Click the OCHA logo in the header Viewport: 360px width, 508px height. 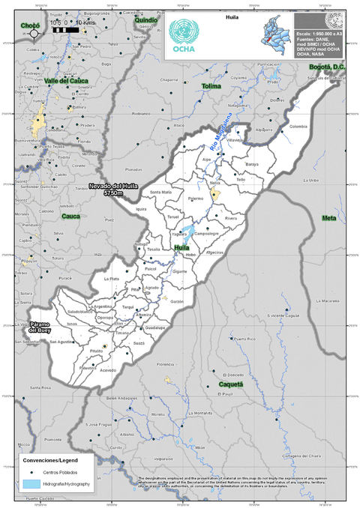(184, 35)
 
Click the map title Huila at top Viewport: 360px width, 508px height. (231, 15)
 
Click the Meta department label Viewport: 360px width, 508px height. (328, 217)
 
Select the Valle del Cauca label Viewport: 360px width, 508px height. (67, 80)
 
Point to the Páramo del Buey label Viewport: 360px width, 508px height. (46, 327)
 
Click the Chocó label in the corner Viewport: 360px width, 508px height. (30, 25)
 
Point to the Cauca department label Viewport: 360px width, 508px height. (70, 216)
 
